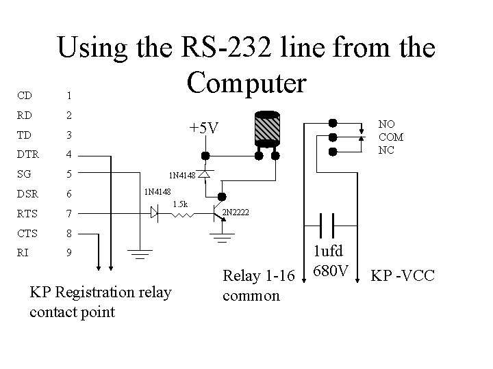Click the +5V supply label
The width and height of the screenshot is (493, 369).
tap(204, 128)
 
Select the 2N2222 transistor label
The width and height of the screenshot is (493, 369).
tap(236, 213)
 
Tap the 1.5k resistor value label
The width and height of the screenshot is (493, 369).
tap(180, 204)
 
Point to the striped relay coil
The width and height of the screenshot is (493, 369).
tap(267, 129)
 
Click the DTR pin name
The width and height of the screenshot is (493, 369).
tap(27, 154)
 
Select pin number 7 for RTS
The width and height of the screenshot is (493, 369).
tap(69, 214)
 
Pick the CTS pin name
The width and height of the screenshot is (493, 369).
tap(27, 234)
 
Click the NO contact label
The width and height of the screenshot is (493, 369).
tap(386, 124)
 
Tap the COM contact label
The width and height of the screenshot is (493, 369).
tap(391, 137)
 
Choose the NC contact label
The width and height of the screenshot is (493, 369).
tap(386, 150)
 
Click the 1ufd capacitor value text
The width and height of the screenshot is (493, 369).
tap(328, 251)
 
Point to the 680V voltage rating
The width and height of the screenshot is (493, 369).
tap(331, 271)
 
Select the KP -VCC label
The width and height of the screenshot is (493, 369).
tap(403, 275)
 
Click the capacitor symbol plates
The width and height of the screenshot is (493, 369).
tap(327, 225)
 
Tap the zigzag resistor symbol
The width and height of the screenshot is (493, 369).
tap(182, 215)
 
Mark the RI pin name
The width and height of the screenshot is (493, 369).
tap(23, 253)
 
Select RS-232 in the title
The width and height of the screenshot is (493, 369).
tap(226, 47)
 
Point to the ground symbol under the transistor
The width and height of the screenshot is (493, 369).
tap(222, 238)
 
